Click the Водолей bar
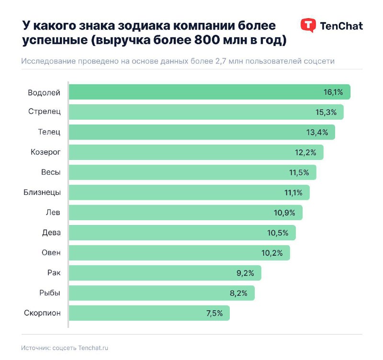pyautogui.click(x=209, y=92)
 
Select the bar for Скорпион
pyautogui.click(x=149, y=313)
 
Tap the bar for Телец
pyautogui.click(x=202, y=132)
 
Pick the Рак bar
pyautogui.click(x=165, y=273)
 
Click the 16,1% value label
pyautogui.click(x=333, y=92)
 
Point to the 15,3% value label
pyautogui.click(x=327, y=112)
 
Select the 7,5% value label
pyautogui.click(x=214, y=313)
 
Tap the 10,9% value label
pyautogui.click(x=285, y=213)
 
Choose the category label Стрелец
pyautogui.click(x=44, y=112)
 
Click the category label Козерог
pyautogui.click(x=45, y=152)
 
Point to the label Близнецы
pyautogui.click(x=42, y=192)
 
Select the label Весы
pyautogui.click(x=51, y=172)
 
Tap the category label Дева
pyautogui.click(x=51, y=233)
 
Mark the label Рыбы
pyautogui.click(x=50, y=293)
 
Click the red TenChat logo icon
pyautogui.click(x=308, y=25)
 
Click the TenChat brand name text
pyautogui.click(x=341, y=26)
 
